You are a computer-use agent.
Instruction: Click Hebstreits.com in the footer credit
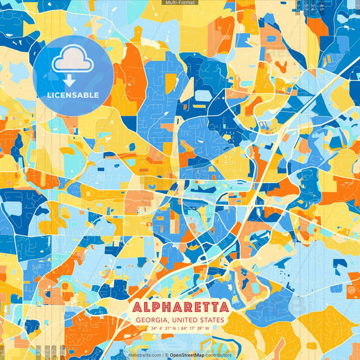click(145, 355)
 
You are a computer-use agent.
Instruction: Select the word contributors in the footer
click(217, 355)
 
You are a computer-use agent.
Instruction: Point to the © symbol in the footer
click(166, 355)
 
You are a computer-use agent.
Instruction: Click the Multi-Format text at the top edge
click(180, 3)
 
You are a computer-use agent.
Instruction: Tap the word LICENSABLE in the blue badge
click(73, 95)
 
